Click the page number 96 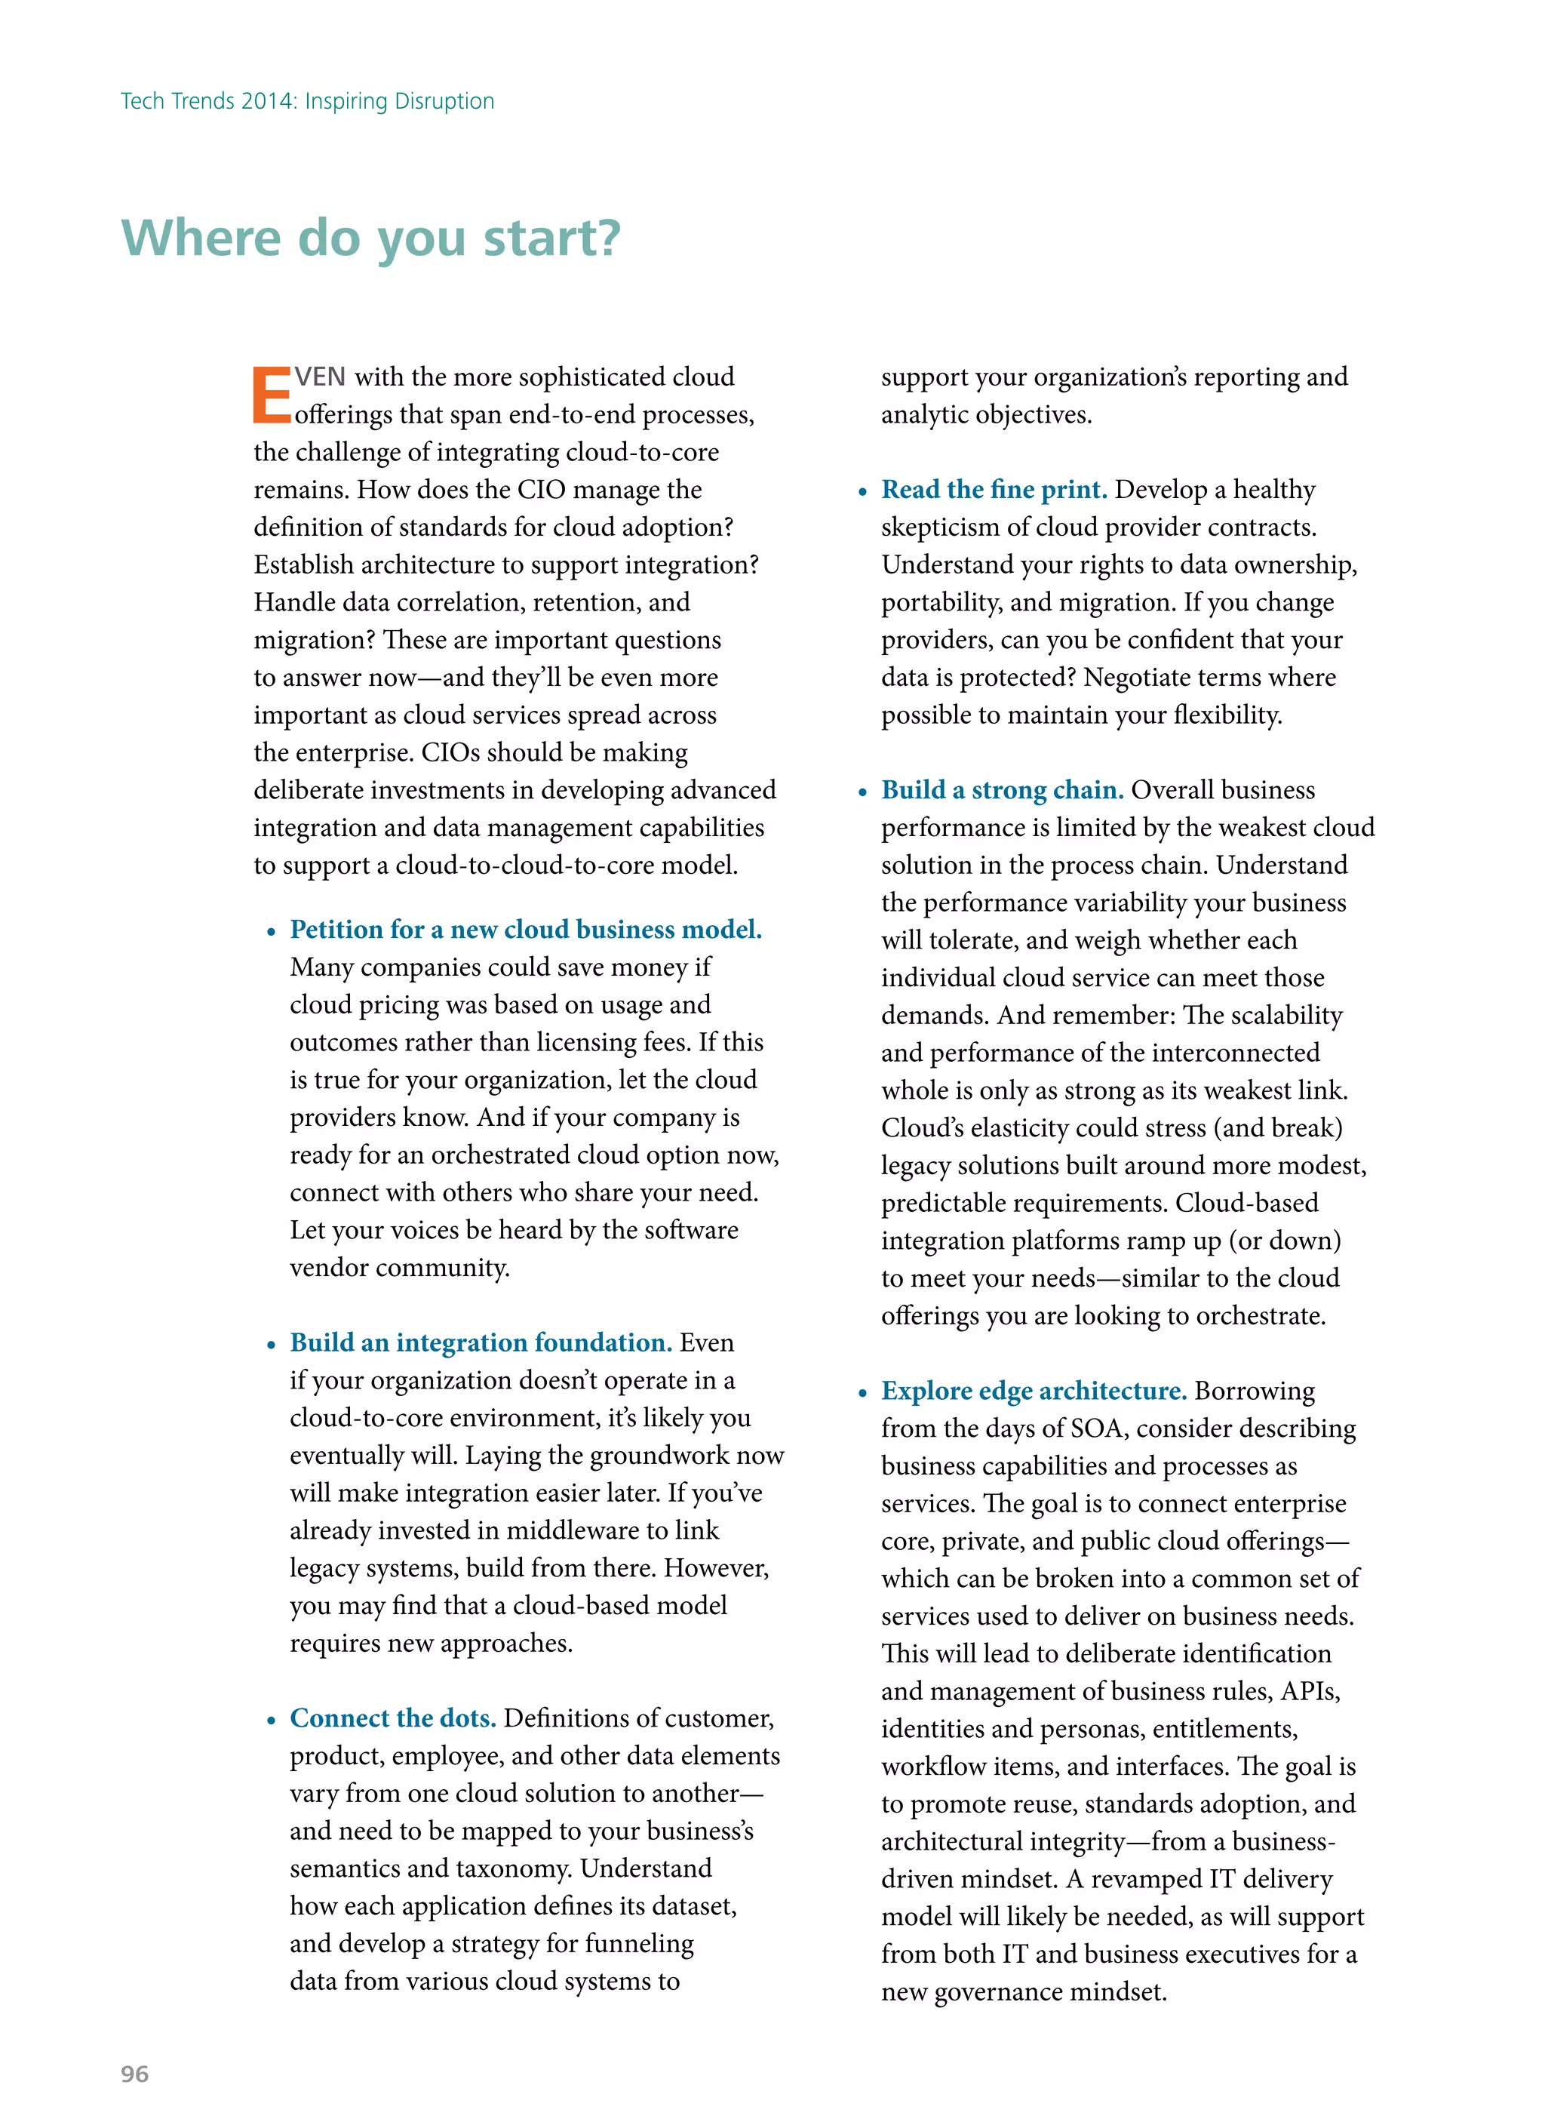coord(135,2074)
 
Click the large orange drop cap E coord(272,396)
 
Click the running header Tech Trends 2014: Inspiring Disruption coord(307,101)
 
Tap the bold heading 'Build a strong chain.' coord(1002,790)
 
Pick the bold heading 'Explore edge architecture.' coord(1034,1391)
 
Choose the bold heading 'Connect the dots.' coord(392,1718)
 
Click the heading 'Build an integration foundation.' coord(481,1342)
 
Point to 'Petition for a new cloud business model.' coord(526,930)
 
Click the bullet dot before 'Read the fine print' coord(863,493)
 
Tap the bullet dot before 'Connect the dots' coord(271,1721)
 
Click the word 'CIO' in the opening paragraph coord(542,490)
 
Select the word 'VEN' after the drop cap coord(321,377)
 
